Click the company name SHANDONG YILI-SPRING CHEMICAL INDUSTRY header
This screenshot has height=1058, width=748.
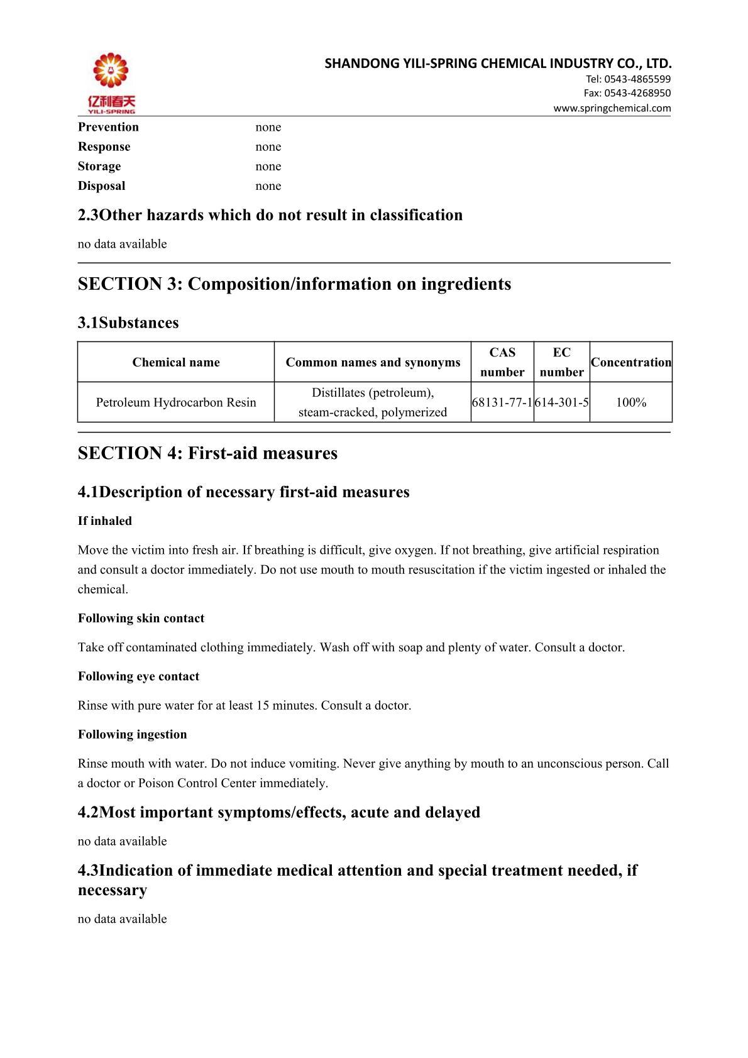pyautogui.click(x=498, y=63)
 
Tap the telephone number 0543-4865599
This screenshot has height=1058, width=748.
pyautogui.click(x=628, y=79)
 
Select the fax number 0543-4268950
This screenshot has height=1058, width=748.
pyautogui.click(x=627, y=93)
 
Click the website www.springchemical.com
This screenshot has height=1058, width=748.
pyautogui.click(x=612, y=108)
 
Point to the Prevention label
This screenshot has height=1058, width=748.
pyautogui.click(x=108, y=127)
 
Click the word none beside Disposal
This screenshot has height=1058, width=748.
pyautogui.click(x=268, y=186)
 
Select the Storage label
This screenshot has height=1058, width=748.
pyautogui.click(x=99, y=167)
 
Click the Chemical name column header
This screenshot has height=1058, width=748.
pyautogui.click(x=176, y=362)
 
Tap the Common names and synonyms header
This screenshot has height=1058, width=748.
pyautogui.click(x=373, y=362)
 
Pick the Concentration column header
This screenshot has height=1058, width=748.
pyautogui.click(x=631, y=362)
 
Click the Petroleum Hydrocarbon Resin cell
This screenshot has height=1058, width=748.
pyautogui.click(x=176, y=402)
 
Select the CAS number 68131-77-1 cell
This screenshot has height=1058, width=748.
pyautogui.click(x=502, y=402)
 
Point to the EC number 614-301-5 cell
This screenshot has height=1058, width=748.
pyautogui.click(x=562, y=402)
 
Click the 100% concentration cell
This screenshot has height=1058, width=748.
pyautogui.click(x=631, y=402)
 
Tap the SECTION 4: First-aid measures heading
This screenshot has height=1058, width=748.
pyautogui.click(x=207, y=453)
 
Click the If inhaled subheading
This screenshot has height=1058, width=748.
pyautogui.click(x=105, y=521)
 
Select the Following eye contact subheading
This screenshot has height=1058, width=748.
pyautogui.click(x=138, y=676)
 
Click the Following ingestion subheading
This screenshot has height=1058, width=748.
pyautogui.click(x=132, y=734)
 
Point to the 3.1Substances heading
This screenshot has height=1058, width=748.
pyautogui.click(x=128, y=322)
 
